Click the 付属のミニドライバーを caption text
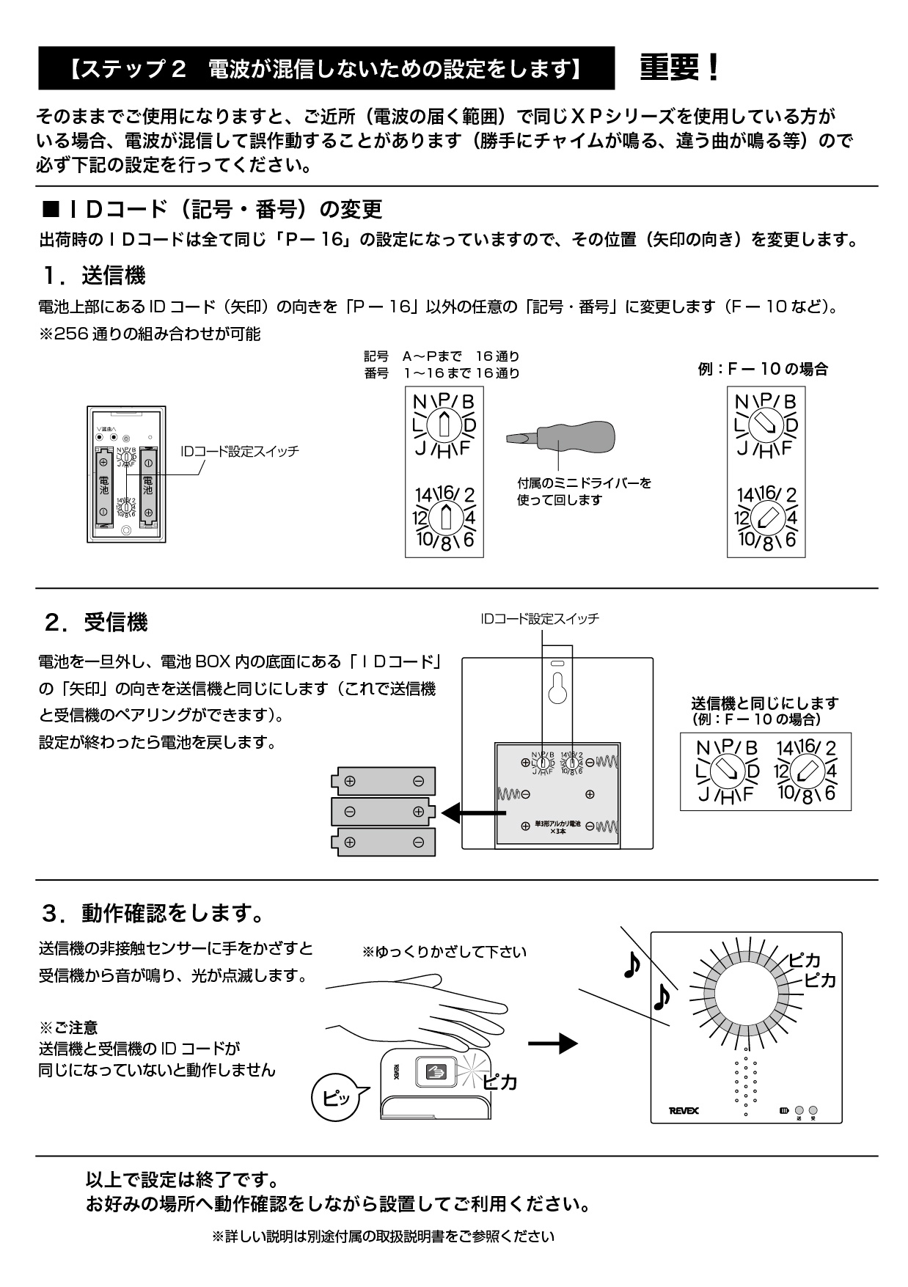coord(584,483)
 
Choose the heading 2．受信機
coord(95,623)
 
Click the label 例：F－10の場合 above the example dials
coord(763,369)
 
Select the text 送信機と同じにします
coord(765,703)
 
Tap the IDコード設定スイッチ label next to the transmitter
coord(240,452)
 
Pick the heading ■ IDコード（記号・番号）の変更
coord(213,210)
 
